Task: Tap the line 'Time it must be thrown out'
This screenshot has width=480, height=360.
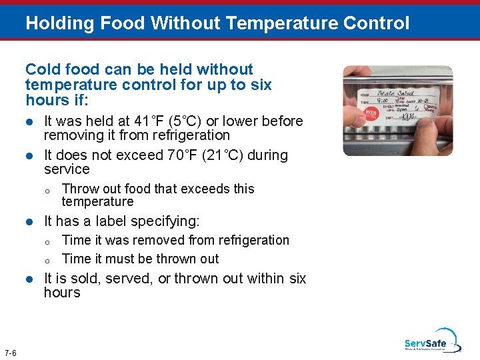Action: [x=140, y=259]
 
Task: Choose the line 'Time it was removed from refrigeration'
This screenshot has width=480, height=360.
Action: [x=175, y=240]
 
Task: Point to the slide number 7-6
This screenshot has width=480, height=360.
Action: [x=11, y=353]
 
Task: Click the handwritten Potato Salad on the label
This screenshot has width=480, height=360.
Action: [x=396, y=93]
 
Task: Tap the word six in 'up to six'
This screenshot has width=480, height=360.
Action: [x=259, y=85]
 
